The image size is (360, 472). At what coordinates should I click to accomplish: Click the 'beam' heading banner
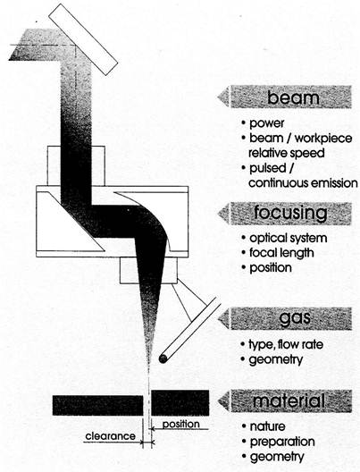[x=285, y=97]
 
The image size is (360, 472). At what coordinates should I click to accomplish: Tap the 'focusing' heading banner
[x=285, y=214]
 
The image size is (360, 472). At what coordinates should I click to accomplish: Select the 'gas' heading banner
[x=285, y=319]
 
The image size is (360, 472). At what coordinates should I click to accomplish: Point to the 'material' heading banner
[x=285, y=401]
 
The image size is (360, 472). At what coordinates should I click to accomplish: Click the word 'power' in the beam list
[x=267, y=123]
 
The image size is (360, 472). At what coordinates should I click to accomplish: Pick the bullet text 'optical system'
[x=289, y=238]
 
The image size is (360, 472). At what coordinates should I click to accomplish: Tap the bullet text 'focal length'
[x=281, y=253]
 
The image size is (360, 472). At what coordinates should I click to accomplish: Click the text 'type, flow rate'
[x=286, y=344]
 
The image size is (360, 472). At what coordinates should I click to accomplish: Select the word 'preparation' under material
[x=282, y=442]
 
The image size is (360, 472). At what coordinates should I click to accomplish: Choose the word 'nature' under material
[x=268, y=426]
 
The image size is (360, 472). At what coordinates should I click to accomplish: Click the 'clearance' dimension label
[x=111, y=436]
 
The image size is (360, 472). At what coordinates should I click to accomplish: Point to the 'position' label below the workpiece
[x=181, y=424]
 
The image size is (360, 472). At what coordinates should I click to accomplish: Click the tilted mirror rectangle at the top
[x=83, y=39]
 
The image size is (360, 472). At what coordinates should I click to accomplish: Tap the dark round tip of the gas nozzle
[x=163, y=358]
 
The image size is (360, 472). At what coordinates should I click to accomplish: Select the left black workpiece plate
[x=97, y=406]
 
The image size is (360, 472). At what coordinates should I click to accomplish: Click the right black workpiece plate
[x=180, y=403]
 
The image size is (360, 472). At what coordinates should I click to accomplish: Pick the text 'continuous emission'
[x=303, y=183]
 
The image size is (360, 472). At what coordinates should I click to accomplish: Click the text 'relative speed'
[x=287, y=153]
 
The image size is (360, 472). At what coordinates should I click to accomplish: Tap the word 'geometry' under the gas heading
[x=276, y=359]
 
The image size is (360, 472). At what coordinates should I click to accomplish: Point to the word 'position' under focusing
[x=271, y=268]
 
